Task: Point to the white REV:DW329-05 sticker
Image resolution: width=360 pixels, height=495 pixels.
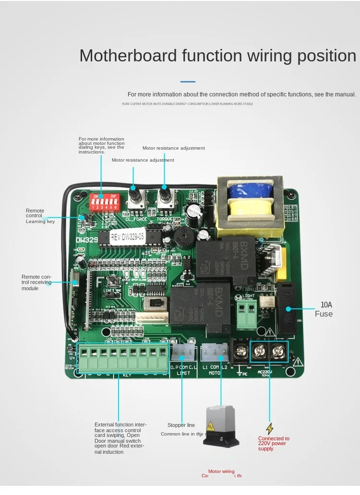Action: coord(127,237)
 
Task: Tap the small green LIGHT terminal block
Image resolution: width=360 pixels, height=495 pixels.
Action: coord(248,314)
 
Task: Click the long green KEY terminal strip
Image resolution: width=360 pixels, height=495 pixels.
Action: coord(123,357)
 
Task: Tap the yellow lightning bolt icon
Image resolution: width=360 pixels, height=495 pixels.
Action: coord(270,428)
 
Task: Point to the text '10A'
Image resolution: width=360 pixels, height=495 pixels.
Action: coord(326,305)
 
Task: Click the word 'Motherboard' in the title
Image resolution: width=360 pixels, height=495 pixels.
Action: coord(128,56)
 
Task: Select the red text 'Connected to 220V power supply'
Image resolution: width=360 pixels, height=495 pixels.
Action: coord(274,444)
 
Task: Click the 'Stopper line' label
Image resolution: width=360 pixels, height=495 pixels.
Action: coord(181,425)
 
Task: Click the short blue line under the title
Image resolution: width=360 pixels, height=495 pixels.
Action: coord(188,82)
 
